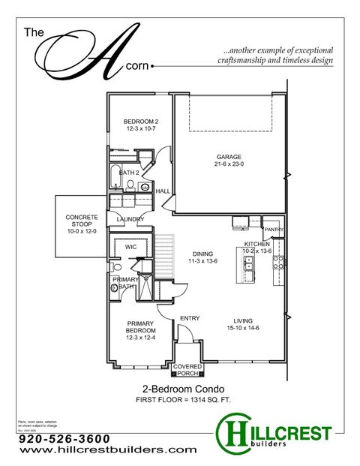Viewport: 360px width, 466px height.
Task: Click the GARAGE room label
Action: [x=230, y=157]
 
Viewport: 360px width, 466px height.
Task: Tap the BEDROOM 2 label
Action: [x=140, y=121]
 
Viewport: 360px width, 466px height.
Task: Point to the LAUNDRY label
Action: [x=130, y=219]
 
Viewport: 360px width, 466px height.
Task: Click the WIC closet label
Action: [x=130, y=246]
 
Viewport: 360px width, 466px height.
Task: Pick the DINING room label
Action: [x=203, y=254]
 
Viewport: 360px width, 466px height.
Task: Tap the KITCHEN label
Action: [x=257, y=245]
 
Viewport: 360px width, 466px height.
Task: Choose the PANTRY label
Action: [x=274, y=230]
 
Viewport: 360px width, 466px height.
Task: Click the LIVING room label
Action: [x=244, y=318]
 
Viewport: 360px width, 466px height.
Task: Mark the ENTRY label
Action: [x=190, y=318]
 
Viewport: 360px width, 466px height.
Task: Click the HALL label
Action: [x=163, y=191]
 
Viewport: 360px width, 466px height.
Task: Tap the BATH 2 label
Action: [x=130, y=173]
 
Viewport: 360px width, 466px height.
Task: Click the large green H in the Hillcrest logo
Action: [x=232, y=434]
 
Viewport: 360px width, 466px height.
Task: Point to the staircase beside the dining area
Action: [x=164, y=256]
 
